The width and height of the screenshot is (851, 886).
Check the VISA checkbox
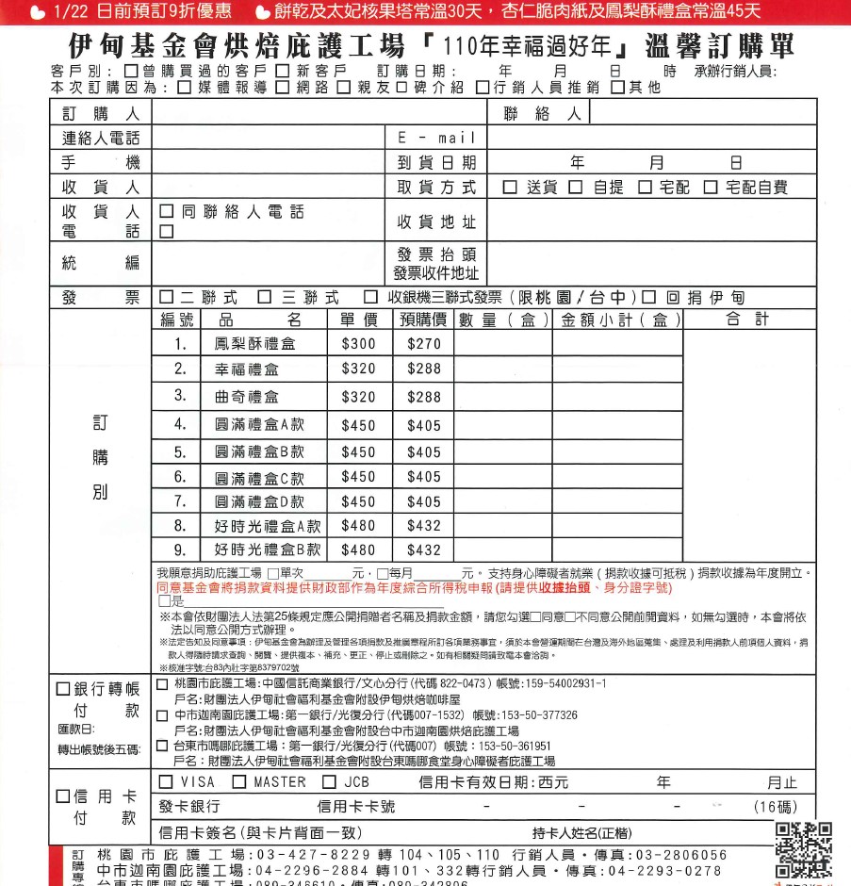[x=166, y=782]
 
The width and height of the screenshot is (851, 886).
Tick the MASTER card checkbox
[x=239, y=782]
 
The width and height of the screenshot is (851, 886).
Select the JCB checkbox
[x=329, y=782]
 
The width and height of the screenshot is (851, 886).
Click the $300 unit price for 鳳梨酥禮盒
[x=358, y=344]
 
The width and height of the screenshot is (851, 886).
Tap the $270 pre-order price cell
[x=423, y=344]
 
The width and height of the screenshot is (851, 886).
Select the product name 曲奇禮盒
[x=246, y=397]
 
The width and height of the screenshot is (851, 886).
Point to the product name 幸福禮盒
[x=246, y=370]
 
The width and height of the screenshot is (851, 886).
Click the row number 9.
[x=180, y=550]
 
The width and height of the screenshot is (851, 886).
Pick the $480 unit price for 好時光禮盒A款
[x=358, y=525]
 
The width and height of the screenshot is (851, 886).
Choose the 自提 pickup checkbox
[x=576, y=188]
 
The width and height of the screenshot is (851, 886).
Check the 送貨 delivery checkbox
[x=510, y=188]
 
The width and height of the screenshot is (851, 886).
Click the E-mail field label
[x=437, y=139]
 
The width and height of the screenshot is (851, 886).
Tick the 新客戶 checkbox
[x=283, y=72]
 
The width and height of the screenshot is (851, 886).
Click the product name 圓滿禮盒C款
[x=259, y=478]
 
